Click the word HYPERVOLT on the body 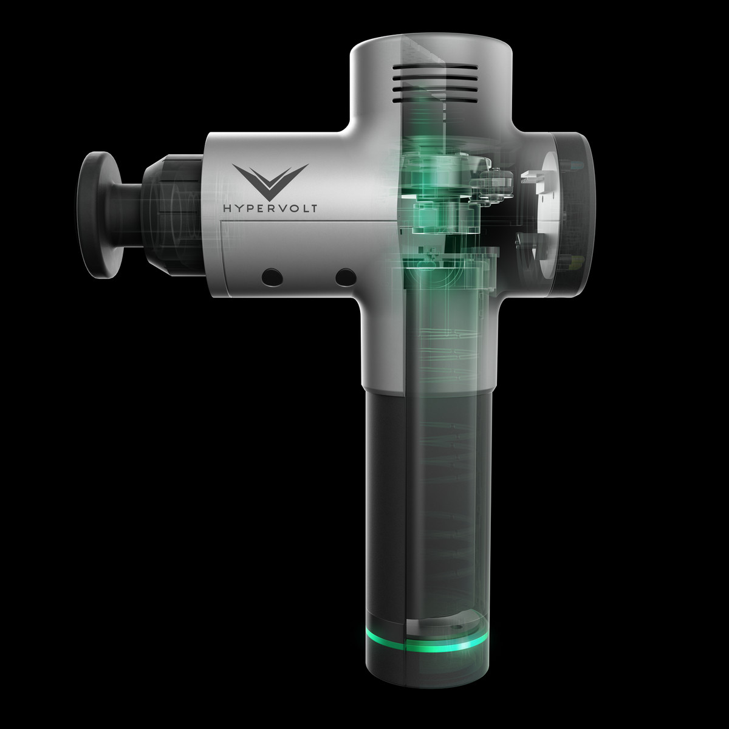(270, 208)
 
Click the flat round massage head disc (99, 215)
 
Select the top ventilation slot (435, 67)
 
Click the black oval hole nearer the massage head (272, 277)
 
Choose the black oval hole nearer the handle (346, 277)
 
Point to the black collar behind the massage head (173, 214)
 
